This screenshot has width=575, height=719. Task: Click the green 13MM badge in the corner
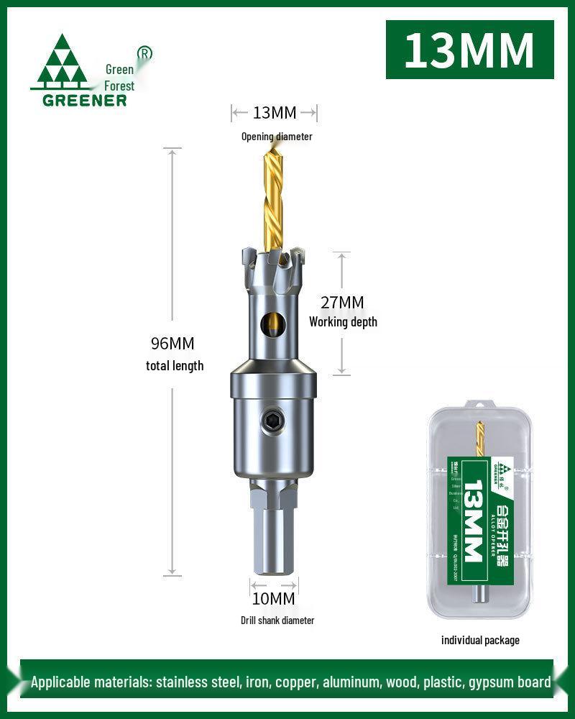[469, 50]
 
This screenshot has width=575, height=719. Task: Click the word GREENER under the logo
[85, 100]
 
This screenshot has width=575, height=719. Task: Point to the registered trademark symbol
[144, 52]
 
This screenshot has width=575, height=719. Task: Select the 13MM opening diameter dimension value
[274, 113]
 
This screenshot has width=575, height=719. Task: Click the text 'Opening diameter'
[277, 136]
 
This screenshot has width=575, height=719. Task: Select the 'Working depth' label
[343, 322]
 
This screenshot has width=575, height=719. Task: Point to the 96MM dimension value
[172, 344]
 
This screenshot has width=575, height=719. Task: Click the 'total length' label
[175, 365]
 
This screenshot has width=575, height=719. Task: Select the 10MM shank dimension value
[273, 598]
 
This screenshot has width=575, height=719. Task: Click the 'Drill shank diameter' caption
[277, 620]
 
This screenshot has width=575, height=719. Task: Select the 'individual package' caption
[480, 640]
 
